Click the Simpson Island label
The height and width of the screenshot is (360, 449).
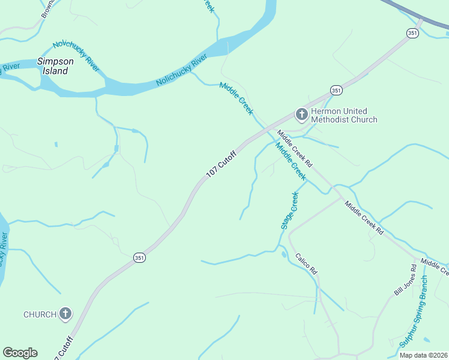click(55, 66)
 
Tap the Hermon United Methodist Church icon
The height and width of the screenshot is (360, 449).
click(301, 113)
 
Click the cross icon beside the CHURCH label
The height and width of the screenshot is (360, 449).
click(65, 313)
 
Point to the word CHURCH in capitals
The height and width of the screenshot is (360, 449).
click(40, 314)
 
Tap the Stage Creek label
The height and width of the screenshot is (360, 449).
click(289, 211)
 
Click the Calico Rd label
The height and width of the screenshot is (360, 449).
click(306, 264)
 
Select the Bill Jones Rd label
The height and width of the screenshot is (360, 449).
click(405, 279)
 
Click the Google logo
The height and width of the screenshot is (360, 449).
click(20, 353)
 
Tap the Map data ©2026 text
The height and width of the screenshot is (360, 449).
click(423, 355)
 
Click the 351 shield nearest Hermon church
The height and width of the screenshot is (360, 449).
click(336, 91)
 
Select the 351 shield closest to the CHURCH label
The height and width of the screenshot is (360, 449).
click(139, 257)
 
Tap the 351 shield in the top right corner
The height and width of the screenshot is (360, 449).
click(412, 34)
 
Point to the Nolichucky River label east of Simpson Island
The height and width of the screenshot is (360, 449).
click(181, 70)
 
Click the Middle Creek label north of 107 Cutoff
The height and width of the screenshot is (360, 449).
click(237, 98)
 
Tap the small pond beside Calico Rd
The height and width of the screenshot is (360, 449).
click(283, 254)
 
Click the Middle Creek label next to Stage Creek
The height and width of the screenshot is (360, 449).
click(291, 161)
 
